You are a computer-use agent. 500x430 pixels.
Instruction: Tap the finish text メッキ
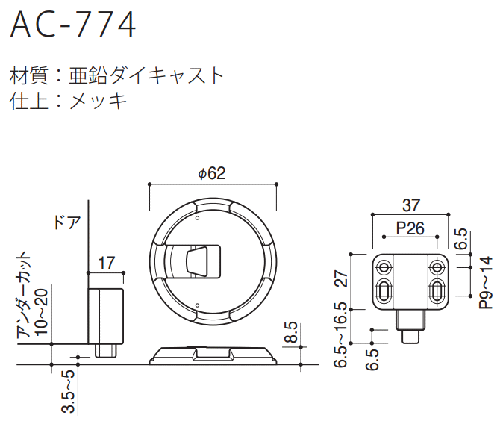(x=99, y=99)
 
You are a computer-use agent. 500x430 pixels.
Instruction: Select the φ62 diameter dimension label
(x=212, y=173)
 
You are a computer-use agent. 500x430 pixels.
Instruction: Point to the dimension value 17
(x=106, y=263)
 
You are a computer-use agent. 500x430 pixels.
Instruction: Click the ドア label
(x=66, y=222)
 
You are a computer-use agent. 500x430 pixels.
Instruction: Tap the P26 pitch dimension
(x=410, y=228)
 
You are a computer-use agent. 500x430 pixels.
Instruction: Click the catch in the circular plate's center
(x=199, y=260)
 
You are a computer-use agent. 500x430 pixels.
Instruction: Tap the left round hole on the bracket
(x=384, y=267)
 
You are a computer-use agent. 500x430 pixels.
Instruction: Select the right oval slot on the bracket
(x=437, y=292)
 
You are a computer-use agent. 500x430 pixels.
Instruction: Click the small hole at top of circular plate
(x=196, y=219)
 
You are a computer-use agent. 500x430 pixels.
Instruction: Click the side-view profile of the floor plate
(x=213, y=355)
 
